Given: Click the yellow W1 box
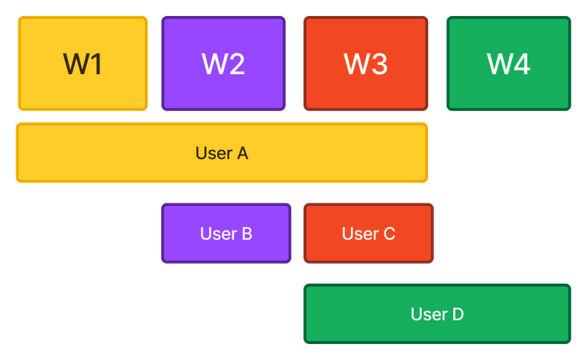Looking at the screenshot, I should pyautogui.click(x=83, y=64).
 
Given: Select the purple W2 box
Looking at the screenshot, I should pyautogui.click(x=223, y=64).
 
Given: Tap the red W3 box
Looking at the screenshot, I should pyautogui.click(x=366, y=64).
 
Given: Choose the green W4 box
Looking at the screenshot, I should pyautogui.click(x=509, y=64).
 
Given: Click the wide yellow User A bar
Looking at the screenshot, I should pyautogui.click(x=221, y=153).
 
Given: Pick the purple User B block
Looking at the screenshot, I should pyautogui.click(x=226, y=234).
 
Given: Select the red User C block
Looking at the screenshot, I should pyautogui.click(x=368, y=234).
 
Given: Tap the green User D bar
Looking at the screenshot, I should pyautogui.click(x=437, y=314).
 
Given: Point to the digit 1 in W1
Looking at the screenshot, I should pyautogui.click(x=96, y=64).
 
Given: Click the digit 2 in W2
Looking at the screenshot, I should pyautogui.click(x=236, y=64).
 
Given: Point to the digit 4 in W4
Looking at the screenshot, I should pyautogui.click(x=522, y=64).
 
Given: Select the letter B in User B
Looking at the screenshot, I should pyautogui.click(x=247, y=234).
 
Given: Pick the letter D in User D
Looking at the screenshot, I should pyautogui.click(x=457, y=314).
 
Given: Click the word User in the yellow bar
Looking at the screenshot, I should pyautogui.click(x=212, y=153).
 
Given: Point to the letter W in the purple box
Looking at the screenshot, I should pyautogui.click(x=213, y=64).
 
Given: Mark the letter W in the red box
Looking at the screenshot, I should pyautogui.click(x=356, y=64).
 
